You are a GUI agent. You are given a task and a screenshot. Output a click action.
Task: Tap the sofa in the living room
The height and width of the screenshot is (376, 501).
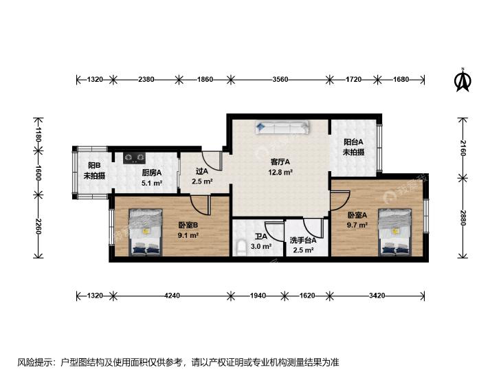tap(282, 127)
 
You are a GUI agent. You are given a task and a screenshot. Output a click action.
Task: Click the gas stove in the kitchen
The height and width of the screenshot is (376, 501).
tap(135, 158)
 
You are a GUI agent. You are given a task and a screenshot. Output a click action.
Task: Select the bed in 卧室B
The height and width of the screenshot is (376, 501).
tap(146, 232)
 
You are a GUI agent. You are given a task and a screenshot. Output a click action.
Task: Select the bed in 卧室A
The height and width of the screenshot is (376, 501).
tap(394, 232)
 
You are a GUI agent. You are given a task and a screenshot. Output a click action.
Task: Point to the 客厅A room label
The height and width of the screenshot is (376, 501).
tap(280, 162)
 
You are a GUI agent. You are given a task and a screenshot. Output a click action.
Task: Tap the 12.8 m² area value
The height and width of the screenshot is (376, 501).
tap(280, 173)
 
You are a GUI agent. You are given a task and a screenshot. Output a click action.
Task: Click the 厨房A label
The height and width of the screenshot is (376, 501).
tap(152, 173)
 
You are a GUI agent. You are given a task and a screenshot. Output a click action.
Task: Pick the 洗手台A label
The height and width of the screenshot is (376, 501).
tap(303, 240)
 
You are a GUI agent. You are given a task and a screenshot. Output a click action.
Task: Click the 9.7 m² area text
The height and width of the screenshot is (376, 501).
tap(357, 225)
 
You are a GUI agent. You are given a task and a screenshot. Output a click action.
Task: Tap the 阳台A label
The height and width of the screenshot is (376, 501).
tap(354, 142)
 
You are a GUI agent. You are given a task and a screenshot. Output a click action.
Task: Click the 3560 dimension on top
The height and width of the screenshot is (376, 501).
tap(280, 79)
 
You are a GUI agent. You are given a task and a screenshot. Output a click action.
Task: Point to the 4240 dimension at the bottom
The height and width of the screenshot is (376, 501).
tap(172, 296)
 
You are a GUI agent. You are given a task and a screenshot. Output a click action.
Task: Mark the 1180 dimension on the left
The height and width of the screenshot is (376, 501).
tap(38, 134)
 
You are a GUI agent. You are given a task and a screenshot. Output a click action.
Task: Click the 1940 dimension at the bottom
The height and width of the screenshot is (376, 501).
tap(258, 296)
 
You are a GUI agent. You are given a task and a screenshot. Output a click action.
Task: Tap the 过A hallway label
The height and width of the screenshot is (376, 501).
tap(202, 171)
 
